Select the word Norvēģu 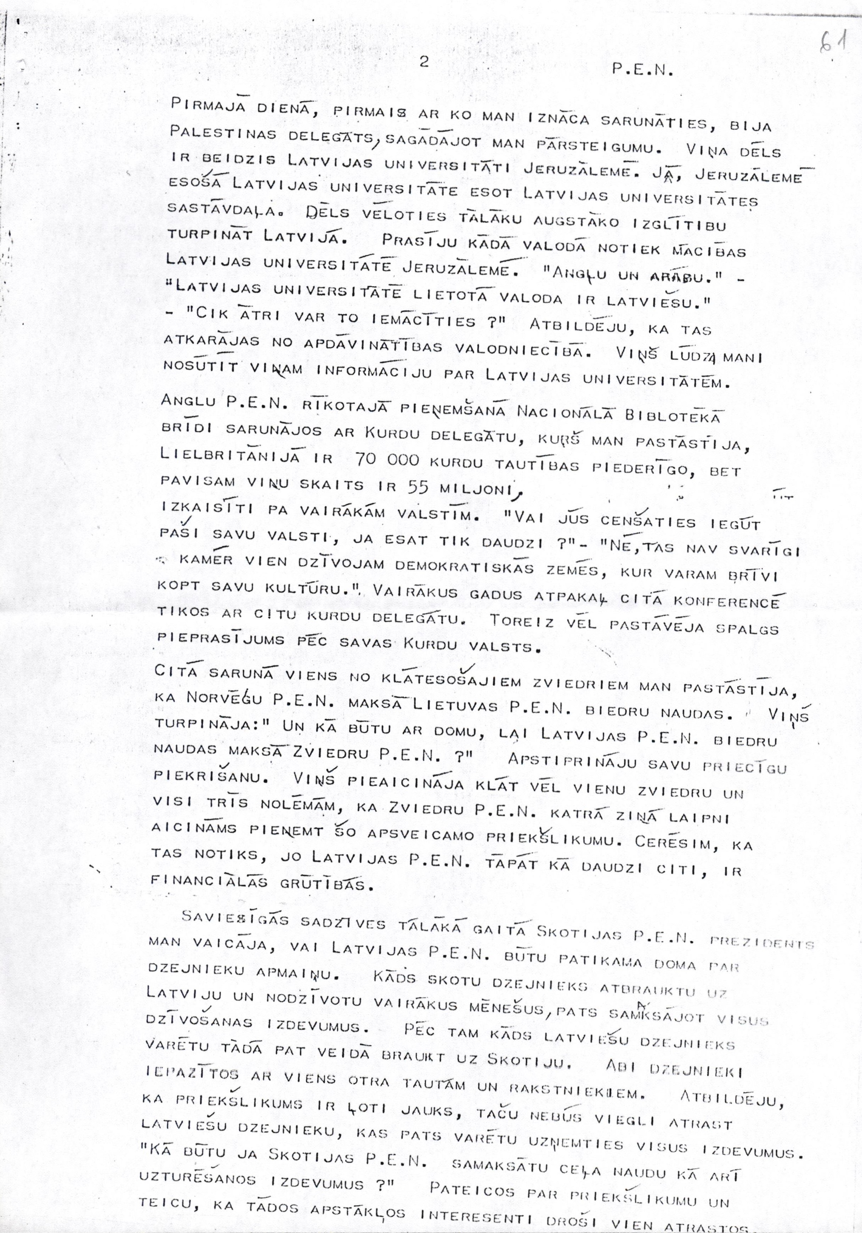tap(224, 698)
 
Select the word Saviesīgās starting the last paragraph tap(236, 918)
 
